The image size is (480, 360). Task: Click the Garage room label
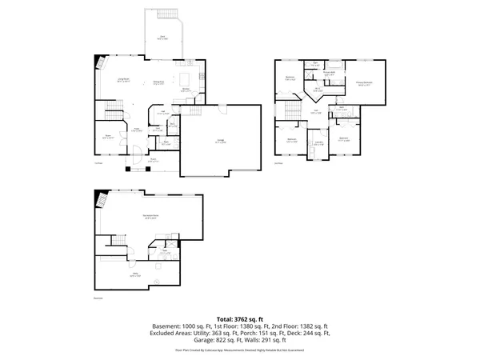[220, 141]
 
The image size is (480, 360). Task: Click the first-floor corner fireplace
[100, 62]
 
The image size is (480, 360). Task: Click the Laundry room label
[318, 143]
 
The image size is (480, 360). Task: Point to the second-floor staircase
[286, 107]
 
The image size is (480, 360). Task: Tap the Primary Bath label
[329, 73]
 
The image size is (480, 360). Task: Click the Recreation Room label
[145, 217]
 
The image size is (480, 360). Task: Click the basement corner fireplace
[100, 199]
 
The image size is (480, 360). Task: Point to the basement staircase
[118, 239]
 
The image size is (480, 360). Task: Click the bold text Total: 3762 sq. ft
[240, 319]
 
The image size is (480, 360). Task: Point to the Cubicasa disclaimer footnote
[240, 350]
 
